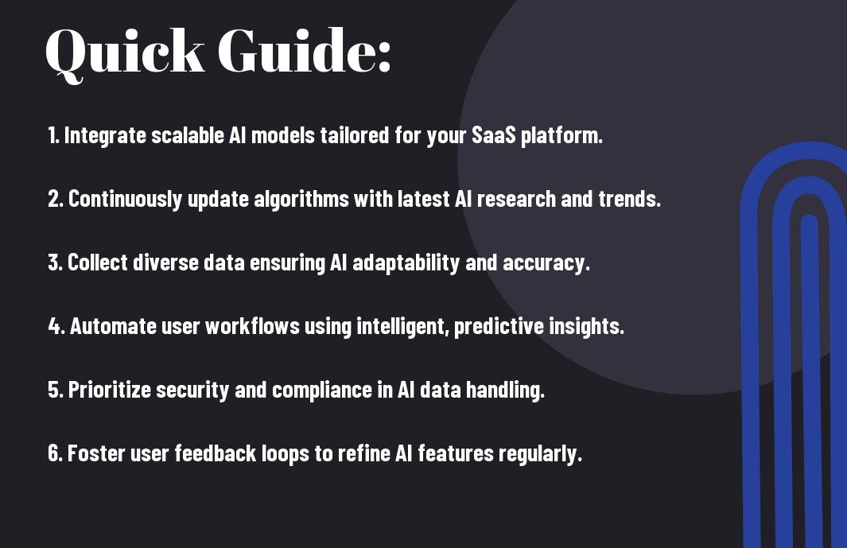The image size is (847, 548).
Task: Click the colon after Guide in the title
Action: point(383,57)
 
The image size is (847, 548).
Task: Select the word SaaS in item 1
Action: point(494,135)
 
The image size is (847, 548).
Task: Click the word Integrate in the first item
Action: point(105,136)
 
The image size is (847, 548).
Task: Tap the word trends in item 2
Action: point(629,199)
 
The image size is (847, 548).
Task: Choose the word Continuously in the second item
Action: point(126,200)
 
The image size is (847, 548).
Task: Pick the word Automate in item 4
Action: point(113,326)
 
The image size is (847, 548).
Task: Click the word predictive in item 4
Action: point(499,327)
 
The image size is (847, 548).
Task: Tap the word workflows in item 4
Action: point(252,326)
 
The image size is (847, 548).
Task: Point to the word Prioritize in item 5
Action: point(109,391)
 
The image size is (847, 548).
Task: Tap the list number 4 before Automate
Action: point(55,326)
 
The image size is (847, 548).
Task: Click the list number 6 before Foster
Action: point(55,453)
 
